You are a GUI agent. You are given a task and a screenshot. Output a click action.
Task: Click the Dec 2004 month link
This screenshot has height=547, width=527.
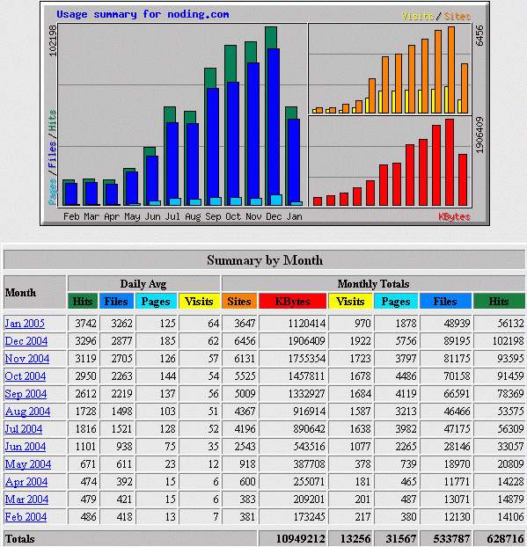point(26,341)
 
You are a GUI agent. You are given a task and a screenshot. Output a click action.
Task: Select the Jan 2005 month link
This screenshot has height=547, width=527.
point(25,324)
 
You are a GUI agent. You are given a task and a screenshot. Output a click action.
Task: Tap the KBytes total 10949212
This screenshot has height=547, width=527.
point(301,538)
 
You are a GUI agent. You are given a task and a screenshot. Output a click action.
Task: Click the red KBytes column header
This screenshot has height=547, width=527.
point(292,301)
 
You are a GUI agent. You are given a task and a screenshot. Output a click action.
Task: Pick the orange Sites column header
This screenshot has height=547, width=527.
point(239,301)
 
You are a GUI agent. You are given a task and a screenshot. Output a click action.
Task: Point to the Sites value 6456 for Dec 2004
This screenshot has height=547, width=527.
point(245,341)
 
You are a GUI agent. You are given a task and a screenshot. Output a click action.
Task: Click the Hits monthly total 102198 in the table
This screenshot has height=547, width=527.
point(508,341)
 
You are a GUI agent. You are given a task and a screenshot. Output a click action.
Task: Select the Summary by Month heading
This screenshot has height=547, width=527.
point(265,260)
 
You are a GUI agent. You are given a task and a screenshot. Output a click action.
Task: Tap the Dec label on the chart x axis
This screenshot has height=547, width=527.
point(274,216)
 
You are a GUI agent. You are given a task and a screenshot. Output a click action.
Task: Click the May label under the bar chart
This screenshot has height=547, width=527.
point(132,216)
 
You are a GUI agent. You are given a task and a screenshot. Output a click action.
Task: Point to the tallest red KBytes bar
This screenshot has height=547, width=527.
point(450,162)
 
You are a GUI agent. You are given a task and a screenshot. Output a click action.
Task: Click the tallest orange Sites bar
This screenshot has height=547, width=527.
point(451,69)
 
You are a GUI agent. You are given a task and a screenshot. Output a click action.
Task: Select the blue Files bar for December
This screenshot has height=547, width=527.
point(274,122)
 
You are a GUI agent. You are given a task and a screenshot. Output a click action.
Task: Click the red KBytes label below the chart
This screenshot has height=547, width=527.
point(454,216)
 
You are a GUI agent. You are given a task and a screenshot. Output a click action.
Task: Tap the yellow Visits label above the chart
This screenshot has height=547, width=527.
point(417,16)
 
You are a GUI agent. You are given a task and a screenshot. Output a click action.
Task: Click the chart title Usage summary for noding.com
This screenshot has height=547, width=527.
point(143,14)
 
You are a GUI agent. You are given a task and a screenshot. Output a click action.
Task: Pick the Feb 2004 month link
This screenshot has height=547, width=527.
point(26,516)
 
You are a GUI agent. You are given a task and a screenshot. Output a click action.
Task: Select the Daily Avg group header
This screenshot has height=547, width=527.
point(143,284)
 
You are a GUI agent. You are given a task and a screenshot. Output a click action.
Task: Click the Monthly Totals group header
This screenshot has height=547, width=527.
point(373,284)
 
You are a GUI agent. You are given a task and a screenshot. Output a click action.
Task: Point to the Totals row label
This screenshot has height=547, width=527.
point(20,539)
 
